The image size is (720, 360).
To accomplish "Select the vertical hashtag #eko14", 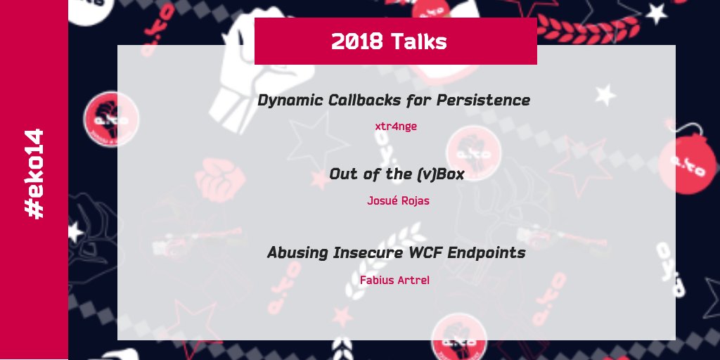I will [34, 173].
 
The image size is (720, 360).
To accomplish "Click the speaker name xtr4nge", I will [397, 127].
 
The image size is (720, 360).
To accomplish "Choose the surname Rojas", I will [416, 201].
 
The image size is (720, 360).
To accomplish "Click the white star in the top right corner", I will [656, 13].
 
